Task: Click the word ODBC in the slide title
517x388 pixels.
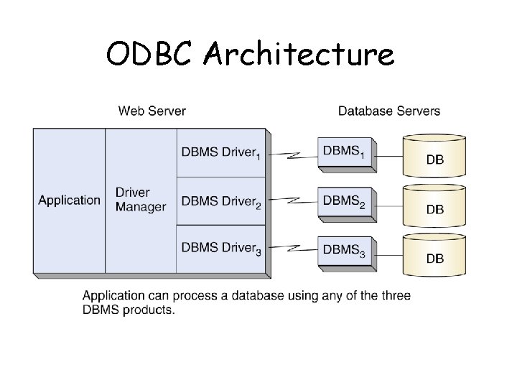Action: click(x=149, y=54)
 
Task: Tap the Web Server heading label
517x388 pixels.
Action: click(x=152, y=111)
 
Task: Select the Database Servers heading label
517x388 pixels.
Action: click(x=389, y=111)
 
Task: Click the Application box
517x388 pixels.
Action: click(x=69, y=200)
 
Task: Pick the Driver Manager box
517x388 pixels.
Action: click(x=141, y=200)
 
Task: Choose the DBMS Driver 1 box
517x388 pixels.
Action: click(x=220, y=152)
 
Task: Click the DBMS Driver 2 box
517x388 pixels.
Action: click(x=220, y=200)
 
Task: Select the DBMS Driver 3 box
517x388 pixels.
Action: click(x=220, y=249)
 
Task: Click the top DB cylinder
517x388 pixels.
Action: click(x=434, y=156)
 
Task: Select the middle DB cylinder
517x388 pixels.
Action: click(x=434, y=205)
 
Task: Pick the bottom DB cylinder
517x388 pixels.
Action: click(x=434, y=254)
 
